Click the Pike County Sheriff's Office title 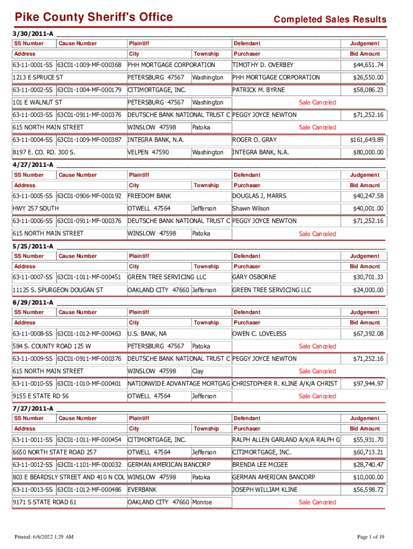(x=93, y=17)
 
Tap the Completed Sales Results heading (x=330, y=20)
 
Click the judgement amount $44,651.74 (x=368, y=65)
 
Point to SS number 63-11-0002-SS (x=33, y=90)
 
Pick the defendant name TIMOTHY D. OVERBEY (x=263, y=65)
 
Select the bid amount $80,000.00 (x=368, y=152)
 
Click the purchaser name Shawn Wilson (x=251, y=209)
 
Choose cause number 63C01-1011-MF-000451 (x=89, y=277)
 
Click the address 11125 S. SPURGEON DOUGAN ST (x=58, y=290)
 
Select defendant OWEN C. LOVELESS (x=259, y=333)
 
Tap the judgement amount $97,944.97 (x=368, y=384)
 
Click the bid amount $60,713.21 (x=368, y=452)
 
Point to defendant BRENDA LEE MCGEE (x=260, y=464)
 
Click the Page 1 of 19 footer (x=371, y=537)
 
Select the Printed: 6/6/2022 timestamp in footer (x=44, y=537)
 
